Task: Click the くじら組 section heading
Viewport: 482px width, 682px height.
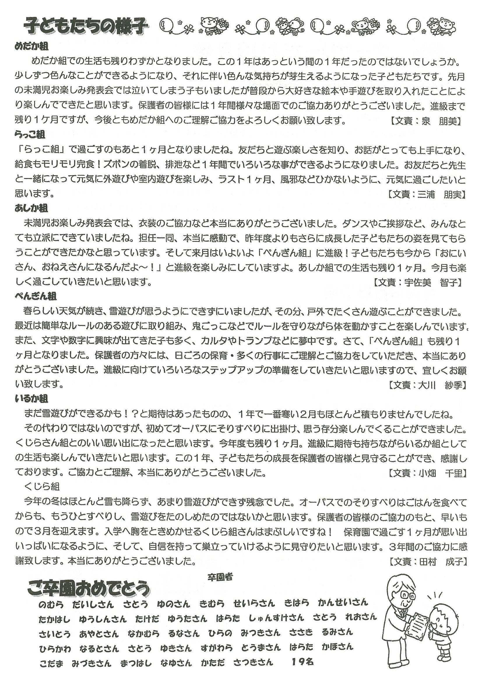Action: (x=43, y=486)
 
